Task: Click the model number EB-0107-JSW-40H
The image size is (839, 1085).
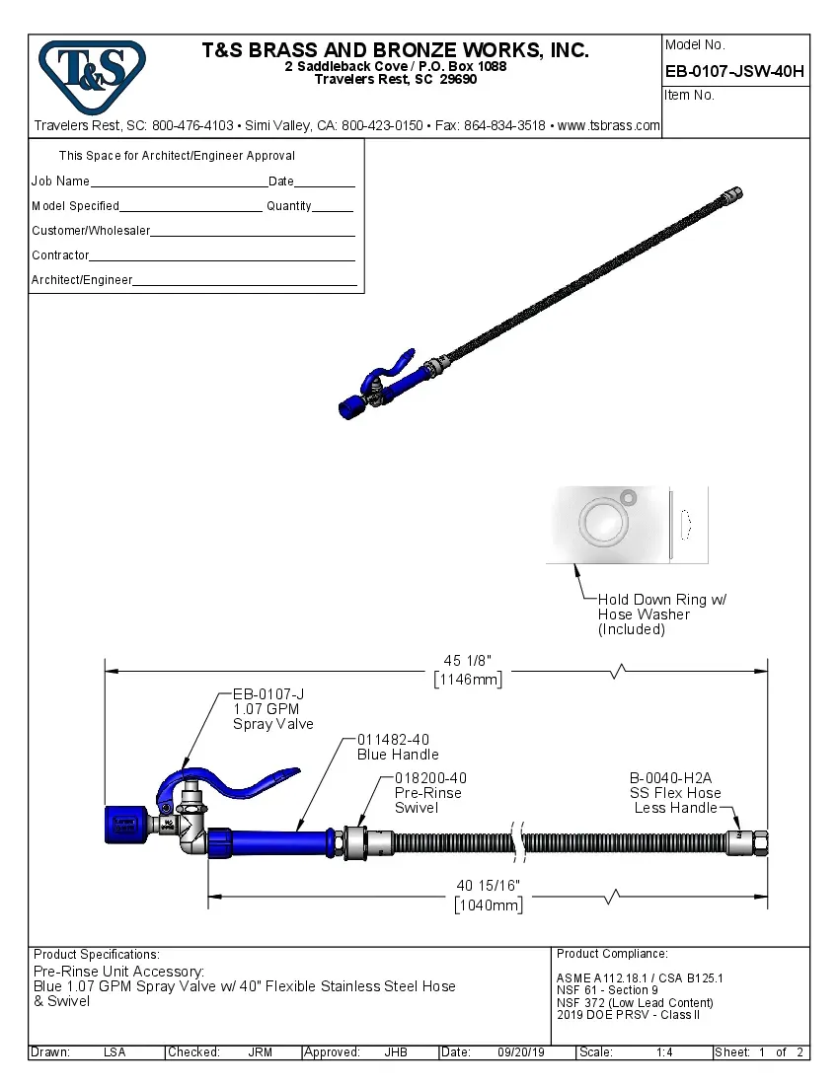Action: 734,70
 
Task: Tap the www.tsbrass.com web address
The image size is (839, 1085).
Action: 609,125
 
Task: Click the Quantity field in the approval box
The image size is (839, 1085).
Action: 333,208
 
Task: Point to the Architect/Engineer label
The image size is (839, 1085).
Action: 82,280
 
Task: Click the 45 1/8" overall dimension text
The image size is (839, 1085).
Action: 466,660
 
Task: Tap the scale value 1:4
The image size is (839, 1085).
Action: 664,1052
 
